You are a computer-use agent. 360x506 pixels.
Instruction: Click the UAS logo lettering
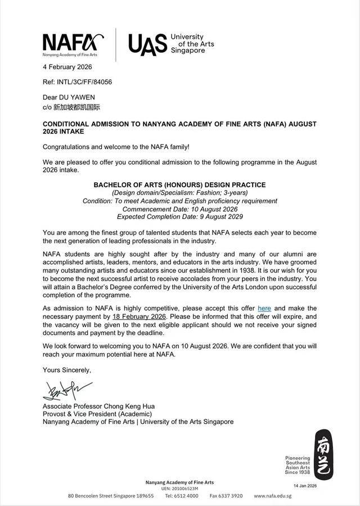pyautogui.click(x=147, y=44)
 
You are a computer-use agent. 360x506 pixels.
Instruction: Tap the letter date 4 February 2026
pyautogui.click(x=67, y=67)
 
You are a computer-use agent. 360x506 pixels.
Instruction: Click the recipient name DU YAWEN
pyautogui.click(x=76, y=97)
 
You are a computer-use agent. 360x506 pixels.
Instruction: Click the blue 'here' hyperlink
pyautogui.click(x=264, y=308)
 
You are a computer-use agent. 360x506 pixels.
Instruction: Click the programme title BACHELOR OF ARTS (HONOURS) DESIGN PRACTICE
pyautogui.click(x=179, y=185)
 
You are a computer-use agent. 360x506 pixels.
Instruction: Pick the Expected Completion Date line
pyautogui.click(x=179, y=216)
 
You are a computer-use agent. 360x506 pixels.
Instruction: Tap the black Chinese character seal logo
pyautogui.click(x=323, y=454)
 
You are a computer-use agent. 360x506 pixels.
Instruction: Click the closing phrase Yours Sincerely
pyautogui.click(x=67, y=370)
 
